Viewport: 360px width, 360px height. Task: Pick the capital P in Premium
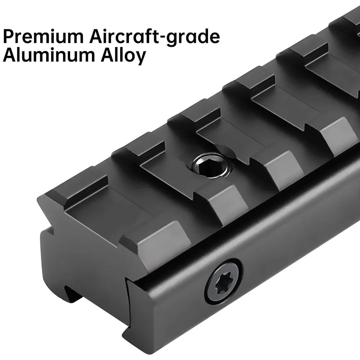(9, 36)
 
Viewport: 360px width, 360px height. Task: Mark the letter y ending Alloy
(139, 58)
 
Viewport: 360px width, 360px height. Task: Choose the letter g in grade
(179, 40)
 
